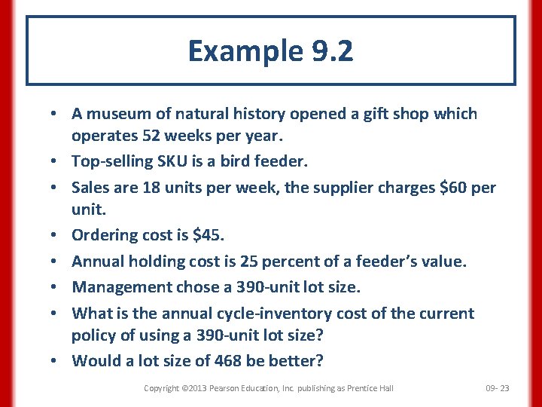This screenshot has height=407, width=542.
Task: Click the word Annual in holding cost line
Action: pyautogui.click(x=98, y=261)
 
